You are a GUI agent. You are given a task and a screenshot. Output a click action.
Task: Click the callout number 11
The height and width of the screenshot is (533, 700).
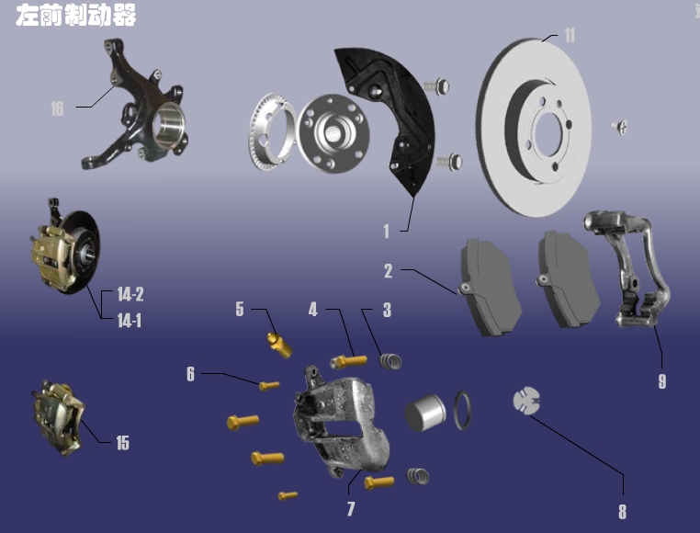(x=570, y=35)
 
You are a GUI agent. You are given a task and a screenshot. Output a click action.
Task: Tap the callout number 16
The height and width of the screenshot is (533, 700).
(x=57, y=109)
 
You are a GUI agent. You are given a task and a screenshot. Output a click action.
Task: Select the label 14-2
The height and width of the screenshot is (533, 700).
(x=130, y=295)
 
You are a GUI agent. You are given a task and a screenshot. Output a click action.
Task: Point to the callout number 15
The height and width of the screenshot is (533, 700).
(x=122, y=443)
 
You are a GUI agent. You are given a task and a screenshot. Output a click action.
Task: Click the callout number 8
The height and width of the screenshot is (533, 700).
(x=622, y=511)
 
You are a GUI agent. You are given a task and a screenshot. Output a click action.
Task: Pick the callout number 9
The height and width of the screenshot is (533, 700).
(x=661, y=381)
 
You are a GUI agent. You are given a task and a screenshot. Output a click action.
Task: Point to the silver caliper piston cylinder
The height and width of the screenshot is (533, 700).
(x=425, y=413)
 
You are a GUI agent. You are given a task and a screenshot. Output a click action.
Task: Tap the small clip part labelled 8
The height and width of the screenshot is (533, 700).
(x=525, y=402)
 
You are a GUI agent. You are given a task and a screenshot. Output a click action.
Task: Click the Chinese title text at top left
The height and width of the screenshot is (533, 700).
(x=75, y=17)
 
